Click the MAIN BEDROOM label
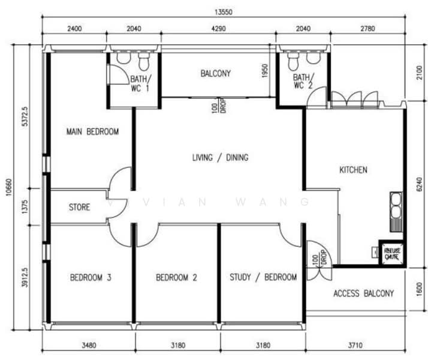click(92, 131)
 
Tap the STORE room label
click(79, 208)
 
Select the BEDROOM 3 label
click(91, 277)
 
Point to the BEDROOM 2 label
click(177, 277)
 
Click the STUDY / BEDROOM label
click(263, 277)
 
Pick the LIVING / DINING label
click(220, 158)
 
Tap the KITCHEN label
click(353, 170)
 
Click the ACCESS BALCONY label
click(364, 293)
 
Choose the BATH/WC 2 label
click(303, 82)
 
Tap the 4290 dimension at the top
click(218, 28)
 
